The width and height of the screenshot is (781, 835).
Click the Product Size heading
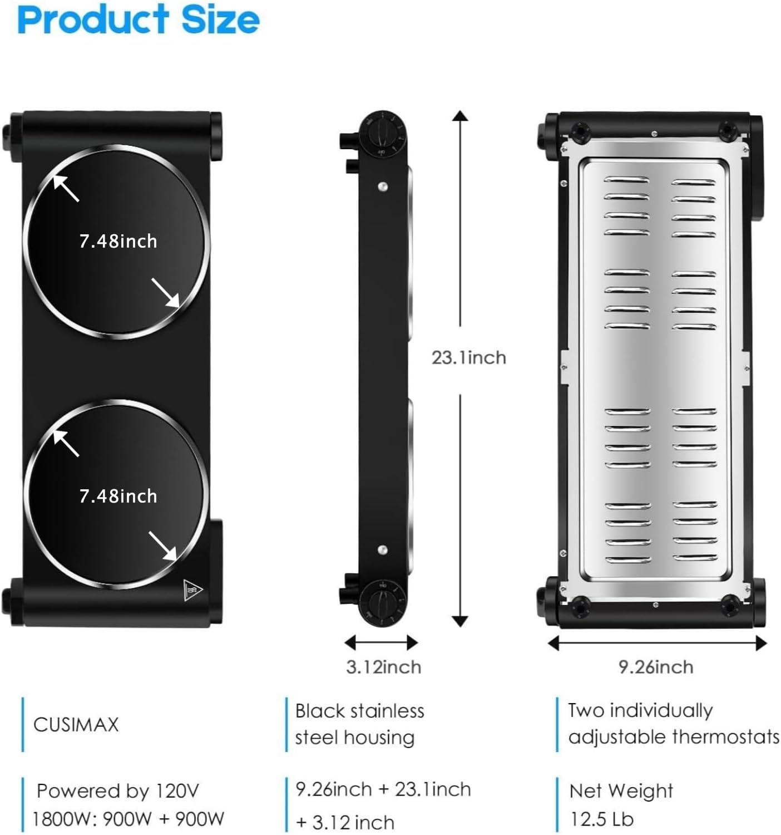pyautogui.click(x=139, y=19)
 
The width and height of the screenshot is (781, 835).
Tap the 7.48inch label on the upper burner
pyautogui.click(x=118, y=242)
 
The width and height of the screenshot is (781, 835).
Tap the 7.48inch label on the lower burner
pyautogui.click(x=118, y=496)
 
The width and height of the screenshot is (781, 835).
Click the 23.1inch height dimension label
pyautogui.click(x=469, y=358)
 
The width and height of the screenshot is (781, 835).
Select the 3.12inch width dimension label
pyautogui.click(x=383, y=667)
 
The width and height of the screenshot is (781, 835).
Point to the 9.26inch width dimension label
pyautogui.click(x=656, y=667)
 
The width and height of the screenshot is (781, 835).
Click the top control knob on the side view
pyautogui.click(x=382, y=134)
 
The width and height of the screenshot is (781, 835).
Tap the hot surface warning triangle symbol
pyautogui.click(x=192, y=590)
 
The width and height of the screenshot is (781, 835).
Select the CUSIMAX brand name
pyautogui.click(x=76, y=724)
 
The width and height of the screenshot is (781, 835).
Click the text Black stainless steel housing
pyautogui.click(x=359, y=724)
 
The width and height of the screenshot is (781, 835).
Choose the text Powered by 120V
pyautogui.click(x=118, y=791)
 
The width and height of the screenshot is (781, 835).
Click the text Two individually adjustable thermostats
pyautogui.click(x=674, y=724)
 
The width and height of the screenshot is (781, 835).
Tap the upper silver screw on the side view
pyautogui.click(x=383, y=186)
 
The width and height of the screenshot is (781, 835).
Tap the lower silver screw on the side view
pyautogui.click(x=383, y=549)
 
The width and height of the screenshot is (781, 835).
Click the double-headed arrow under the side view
pyautogui.click(x=381, y=642)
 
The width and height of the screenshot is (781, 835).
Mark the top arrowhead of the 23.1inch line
pyautogui.click(x=460, y=116)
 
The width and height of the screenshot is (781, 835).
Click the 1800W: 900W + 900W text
pyautogui.click(x=128, y=819)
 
